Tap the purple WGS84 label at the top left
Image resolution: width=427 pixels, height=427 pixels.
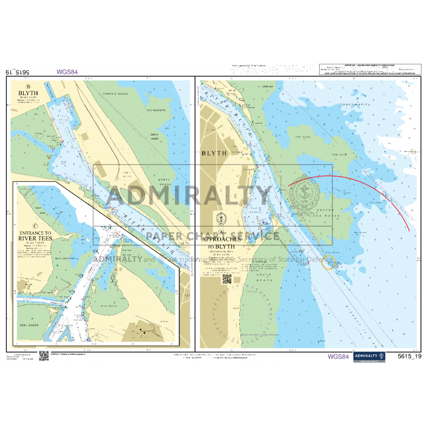coord(66,71)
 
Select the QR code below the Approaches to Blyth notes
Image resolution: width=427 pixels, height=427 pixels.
coord(227,279)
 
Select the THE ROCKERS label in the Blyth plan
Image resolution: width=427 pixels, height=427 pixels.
coord(156,110)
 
